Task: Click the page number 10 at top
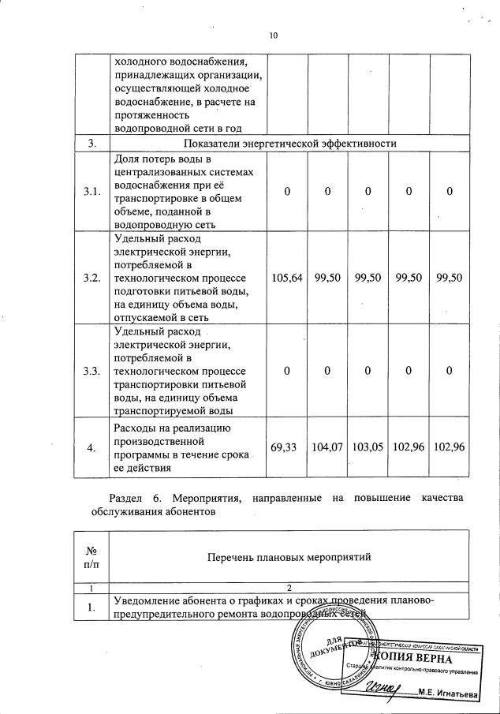pos(274,36)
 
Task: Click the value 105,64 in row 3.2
pos(286,278)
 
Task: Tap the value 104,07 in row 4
pos(327,447)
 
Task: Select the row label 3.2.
pos(91,278)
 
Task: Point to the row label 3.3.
pos(91,371)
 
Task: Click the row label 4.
pos(91,447)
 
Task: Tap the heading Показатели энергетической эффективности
pos(289,143)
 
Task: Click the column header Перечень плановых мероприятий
pos(289,557)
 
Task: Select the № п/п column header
pos(91,557)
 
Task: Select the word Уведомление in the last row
pos(150,600)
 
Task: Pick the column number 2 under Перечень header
pos(289,588)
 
